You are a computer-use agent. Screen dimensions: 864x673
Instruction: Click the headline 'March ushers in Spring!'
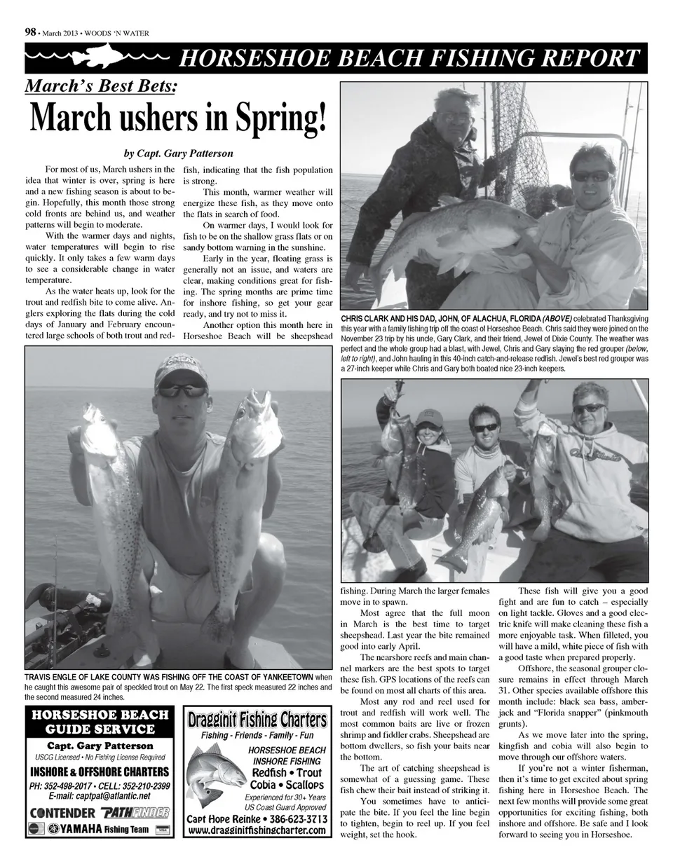[178, 121]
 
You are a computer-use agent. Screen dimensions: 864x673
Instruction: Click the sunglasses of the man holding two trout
[181, 390]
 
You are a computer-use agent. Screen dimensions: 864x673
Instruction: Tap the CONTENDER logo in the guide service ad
[62, 813]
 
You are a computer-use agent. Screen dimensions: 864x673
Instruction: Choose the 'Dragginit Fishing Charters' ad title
[257, 720]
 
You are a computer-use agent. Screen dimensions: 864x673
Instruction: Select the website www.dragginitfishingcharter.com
[257, 830]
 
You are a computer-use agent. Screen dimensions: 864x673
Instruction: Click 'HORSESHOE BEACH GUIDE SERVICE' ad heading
[98, 722]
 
